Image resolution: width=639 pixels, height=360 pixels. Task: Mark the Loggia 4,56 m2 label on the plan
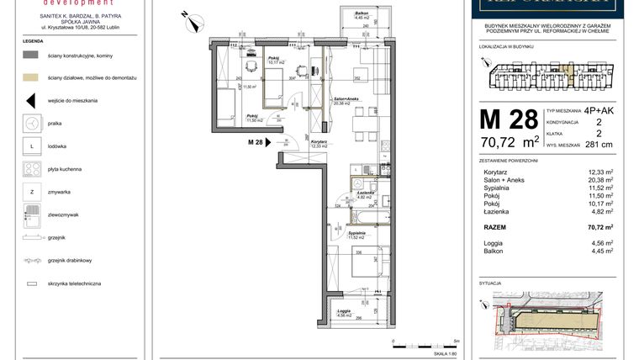[x=344, y=313]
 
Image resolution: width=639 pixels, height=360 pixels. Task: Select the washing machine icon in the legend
[x=31, y=123]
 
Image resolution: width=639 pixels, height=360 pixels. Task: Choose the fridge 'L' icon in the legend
[x=31, y=146]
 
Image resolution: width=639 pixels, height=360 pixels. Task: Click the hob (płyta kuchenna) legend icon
[x=31, y=169]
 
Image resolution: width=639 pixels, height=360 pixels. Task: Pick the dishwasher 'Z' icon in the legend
[x=31, y=193]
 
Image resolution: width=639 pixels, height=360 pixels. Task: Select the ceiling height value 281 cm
[x=598, y=144]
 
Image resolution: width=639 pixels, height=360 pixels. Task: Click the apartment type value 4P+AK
[x=598, y=111]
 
